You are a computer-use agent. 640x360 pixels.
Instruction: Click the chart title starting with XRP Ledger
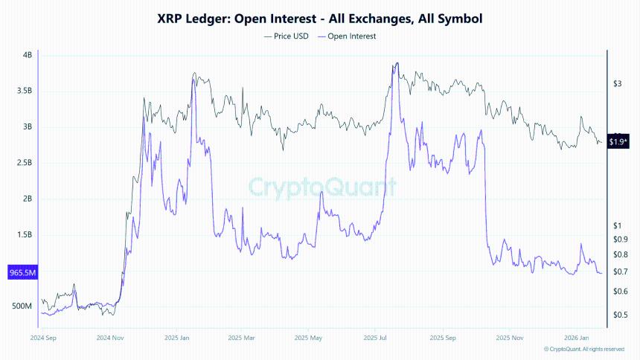point(319,19)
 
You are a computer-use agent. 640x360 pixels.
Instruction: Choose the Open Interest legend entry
point(347,36)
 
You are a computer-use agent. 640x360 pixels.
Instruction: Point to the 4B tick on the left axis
point(28,55)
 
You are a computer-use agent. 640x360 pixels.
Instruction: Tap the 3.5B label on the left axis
point(24,91)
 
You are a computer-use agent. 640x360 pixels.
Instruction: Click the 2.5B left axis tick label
point(24,163)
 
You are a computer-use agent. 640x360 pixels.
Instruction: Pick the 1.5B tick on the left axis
point(24,235)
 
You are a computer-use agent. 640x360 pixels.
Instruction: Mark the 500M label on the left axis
point(22,306)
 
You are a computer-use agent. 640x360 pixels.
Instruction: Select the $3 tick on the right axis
point(616,84)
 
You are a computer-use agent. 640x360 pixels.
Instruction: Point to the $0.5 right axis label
point(619,315)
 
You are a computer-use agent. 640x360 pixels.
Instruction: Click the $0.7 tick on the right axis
point(619,271)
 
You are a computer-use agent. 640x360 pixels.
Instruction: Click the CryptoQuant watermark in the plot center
point(321,186)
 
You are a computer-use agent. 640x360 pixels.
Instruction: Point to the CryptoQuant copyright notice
point(583,349)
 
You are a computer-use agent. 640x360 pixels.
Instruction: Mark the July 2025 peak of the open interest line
point(397,64)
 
